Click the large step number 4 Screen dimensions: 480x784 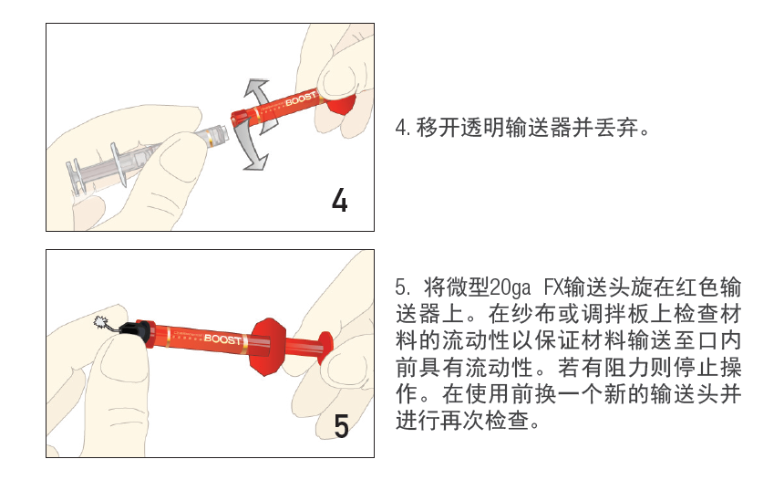pyautogui.click(x=339, y=199)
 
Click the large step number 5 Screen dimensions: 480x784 pyautogui.click(x=341, y=425)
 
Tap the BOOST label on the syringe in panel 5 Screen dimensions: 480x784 pyautogui.click(x=223, y=339)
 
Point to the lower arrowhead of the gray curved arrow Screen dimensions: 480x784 pyautogui.click(x=258, y=162)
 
